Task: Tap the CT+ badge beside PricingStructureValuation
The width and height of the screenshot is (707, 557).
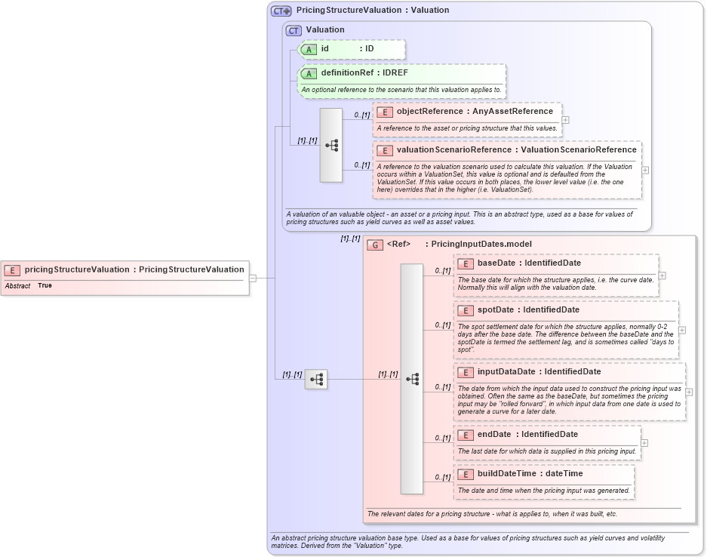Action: (x=281, y=11)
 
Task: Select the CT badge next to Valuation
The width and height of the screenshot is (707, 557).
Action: (x=294, y=30)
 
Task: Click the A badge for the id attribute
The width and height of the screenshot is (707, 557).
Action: (x=309, y=49)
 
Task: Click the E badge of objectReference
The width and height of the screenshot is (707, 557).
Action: (x=384, y=112)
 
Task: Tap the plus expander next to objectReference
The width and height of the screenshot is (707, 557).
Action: (x=565, y=119)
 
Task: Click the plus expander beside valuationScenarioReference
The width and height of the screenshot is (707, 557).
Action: (x=645, y=170)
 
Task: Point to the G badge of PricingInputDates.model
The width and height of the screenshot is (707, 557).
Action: (x=374, y=245)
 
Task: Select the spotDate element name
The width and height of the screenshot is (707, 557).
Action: (x=495, y=310)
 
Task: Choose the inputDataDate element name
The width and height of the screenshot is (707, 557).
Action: (x=506, y=371)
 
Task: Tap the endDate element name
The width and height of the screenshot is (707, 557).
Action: (x=494, y=434)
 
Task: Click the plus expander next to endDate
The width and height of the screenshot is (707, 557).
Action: (x=644, y=443)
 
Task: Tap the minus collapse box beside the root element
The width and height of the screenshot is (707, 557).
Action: (x=253, y=278)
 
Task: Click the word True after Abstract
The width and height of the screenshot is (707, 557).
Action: (x=45, y=286)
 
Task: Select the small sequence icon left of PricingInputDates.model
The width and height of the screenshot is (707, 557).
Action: (x=316, y=379)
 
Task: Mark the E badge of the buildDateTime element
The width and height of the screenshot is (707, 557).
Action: (x=466, y=474)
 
